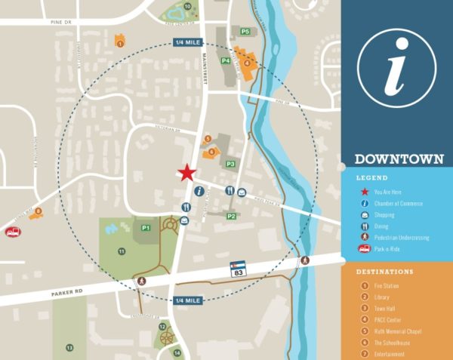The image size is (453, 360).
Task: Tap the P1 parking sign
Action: pos(146,227)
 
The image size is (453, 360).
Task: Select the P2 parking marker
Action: pos(232,217)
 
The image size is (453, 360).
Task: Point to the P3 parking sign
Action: pos(231,164)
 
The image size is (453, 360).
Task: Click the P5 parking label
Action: pos(245,31)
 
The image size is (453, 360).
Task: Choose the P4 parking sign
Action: pos(225,60)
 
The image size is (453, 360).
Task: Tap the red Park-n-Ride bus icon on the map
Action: pos(12,232)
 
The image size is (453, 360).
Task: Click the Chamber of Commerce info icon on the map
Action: pos(199,191)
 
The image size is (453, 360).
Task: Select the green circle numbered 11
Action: pos(121,250)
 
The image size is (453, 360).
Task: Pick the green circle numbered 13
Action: pos(69,347)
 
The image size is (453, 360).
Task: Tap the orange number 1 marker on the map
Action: pos(120,44)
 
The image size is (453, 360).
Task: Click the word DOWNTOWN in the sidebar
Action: pos(398,160)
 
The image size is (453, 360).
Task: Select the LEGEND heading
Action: pos(371,178)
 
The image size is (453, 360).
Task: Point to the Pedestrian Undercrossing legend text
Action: pos(401,237)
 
